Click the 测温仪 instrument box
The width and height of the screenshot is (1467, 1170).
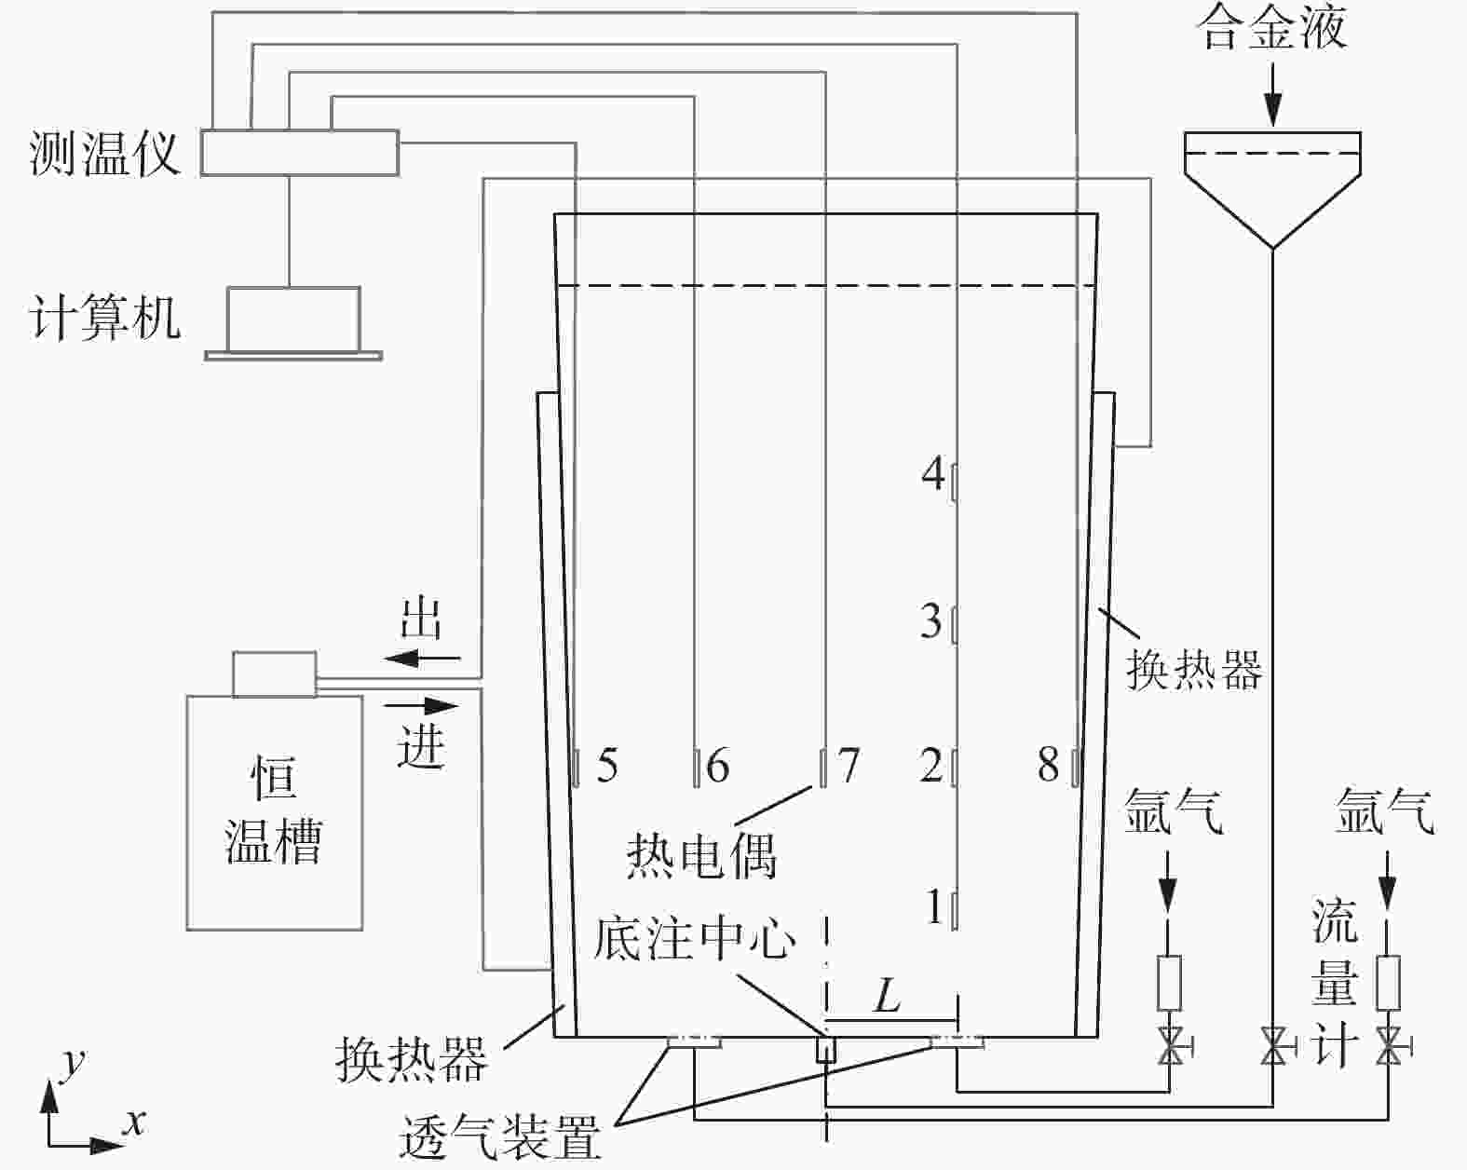(300, 152)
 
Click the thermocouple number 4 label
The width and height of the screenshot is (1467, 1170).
(932, 474)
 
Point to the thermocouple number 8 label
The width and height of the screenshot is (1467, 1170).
(1049, 766)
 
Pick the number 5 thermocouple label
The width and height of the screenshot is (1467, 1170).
(607, 766)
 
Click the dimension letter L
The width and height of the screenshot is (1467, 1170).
(887, 998)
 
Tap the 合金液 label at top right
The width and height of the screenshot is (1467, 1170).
(1272, 28)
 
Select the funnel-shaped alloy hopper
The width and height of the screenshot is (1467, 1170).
(1272, 182)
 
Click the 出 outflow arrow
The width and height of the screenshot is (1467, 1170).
(424, 659)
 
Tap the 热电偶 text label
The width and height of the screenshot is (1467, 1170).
(700, 854)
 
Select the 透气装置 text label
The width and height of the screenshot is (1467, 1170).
(500, 1136)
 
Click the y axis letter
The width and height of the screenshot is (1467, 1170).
(71, 1062)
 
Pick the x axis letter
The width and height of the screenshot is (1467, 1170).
(136, 1122)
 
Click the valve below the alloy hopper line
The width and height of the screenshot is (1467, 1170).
(1272, 1046)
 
